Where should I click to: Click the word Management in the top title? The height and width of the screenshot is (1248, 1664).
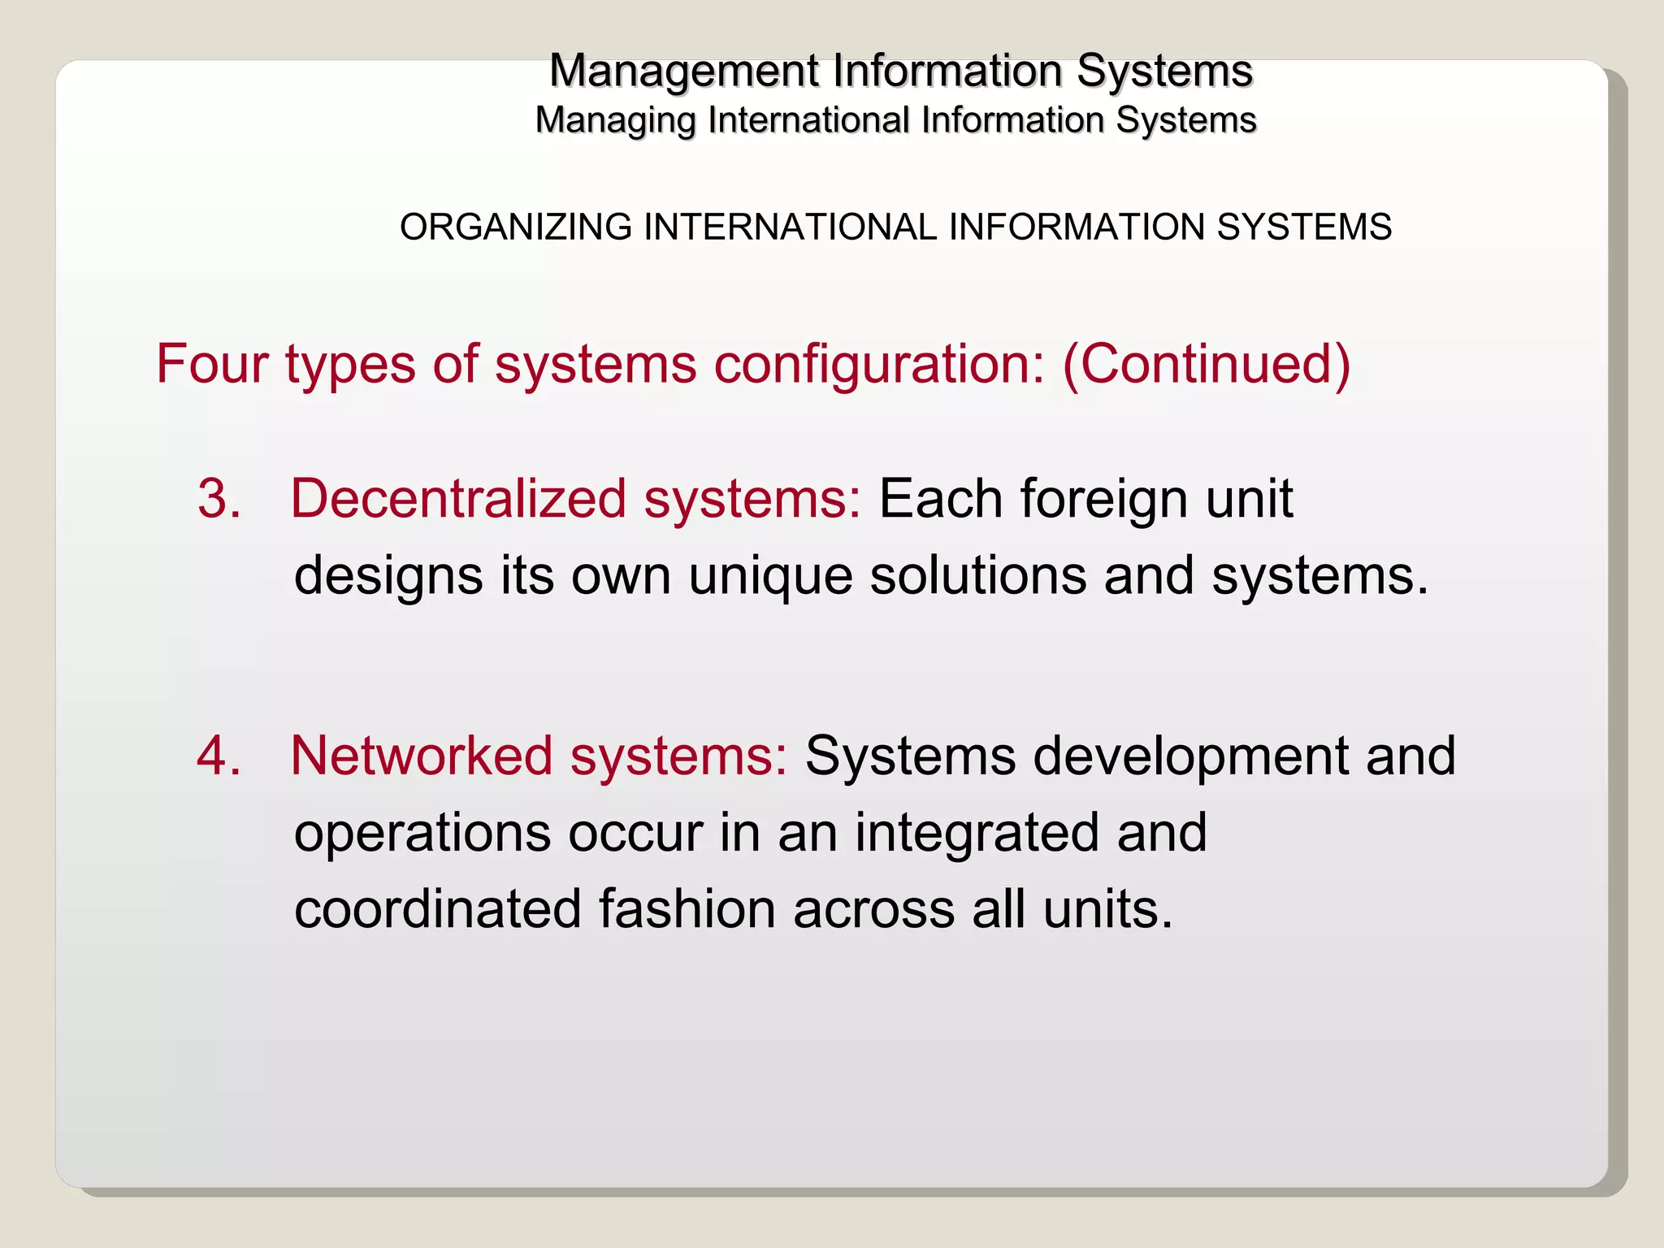683,71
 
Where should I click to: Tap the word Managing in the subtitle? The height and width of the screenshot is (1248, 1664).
615,121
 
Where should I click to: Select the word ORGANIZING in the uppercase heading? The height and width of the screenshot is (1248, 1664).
515,227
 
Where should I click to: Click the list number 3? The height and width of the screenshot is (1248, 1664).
219,498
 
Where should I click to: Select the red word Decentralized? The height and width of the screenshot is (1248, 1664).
458,498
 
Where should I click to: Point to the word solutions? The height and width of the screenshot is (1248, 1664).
977,576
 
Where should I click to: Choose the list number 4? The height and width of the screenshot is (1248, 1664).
219,756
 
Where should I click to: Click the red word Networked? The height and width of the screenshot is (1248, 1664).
420,756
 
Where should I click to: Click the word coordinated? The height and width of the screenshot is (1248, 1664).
437,909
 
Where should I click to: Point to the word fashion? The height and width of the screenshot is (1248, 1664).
687,909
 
